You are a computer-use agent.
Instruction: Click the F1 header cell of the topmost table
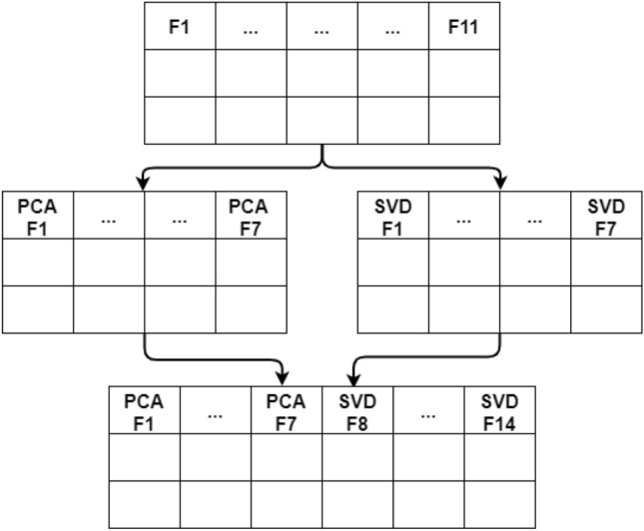coord(180,27)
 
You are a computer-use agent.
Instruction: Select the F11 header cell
coord(463,27)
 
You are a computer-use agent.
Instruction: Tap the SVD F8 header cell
coord(357,411)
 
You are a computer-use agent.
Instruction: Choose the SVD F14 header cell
coord(499,411)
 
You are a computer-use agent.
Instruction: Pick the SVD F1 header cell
coord(392,217)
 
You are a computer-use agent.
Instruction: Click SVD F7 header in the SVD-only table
coord(606,217)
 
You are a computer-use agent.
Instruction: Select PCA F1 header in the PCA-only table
coord(37,217)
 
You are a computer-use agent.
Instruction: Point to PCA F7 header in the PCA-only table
coord(250,217)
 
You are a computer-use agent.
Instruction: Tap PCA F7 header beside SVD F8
coord(286,411)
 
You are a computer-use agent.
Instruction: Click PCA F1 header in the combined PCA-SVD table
coord(144,411)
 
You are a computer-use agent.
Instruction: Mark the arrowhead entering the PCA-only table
coord(144,183)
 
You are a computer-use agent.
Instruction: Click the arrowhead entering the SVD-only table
coord(499,183)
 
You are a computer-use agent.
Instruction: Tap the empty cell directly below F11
coord(463,73)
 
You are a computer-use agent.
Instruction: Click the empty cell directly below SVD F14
coord(499,457)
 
